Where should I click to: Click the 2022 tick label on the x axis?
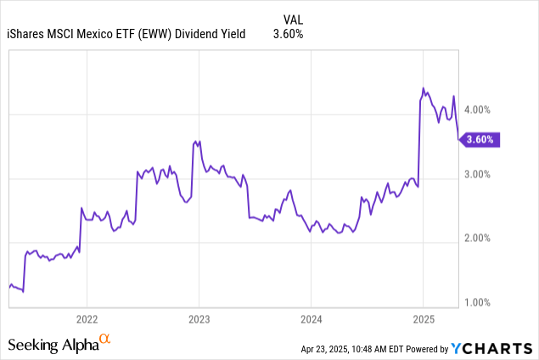87,318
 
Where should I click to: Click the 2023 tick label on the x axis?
199,318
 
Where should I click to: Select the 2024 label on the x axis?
311,318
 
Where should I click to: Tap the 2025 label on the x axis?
423,318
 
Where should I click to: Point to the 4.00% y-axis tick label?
480,110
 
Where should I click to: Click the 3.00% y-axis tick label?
480,174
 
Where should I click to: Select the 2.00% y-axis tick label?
480,239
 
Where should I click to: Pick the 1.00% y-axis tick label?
480,302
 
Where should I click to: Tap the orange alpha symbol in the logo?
105,340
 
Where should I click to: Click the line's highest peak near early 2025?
424,88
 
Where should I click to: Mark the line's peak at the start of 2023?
196,141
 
